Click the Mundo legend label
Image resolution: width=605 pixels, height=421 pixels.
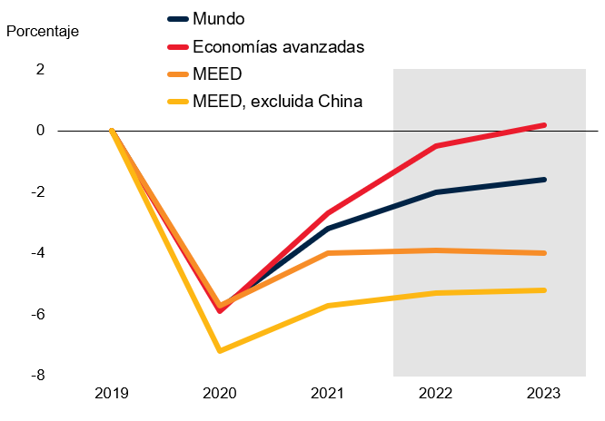[x=221, y=18]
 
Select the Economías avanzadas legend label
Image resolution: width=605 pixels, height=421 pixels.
[x=279, y=46]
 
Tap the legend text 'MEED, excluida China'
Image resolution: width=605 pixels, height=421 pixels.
[x=278, y=101]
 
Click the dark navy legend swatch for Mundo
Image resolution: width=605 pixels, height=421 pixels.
[x=179, y=18]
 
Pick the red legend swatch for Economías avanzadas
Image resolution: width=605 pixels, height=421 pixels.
[x=179, y=46]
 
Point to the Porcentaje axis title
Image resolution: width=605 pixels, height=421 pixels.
[x=43, y=31]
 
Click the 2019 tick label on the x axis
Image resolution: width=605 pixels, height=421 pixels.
[x=111, y=394]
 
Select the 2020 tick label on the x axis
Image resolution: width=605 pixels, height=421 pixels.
[x=219, y=394]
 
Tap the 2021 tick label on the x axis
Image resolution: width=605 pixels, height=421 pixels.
[x=327, y=394]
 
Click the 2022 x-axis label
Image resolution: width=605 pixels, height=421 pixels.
[x=436, y=394]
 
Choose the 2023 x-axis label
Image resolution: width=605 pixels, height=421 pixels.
[x=544, y=394]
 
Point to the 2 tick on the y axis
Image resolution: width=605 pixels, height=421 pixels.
[x=40, y=69]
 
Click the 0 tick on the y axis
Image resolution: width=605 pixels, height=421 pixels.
[x=40, y=131]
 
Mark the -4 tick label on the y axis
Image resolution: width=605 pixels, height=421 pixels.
[x=37, y=253]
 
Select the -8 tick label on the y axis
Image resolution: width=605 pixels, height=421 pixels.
[x=37, y=376]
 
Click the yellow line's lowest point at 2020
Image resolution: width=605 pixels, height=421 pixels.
[x=219, y=350]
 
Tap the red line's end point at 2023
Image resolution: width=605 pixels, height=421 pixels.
[x=544, y=125]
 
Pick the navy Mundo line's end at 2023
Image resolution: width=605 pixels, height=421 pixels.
[x=544, y=180]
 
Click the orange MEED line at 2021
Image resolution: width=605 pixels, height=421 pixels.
[x=327, y=253]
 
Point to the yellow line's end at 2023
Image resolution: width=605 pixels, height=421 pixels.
[x=544, y=290]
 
